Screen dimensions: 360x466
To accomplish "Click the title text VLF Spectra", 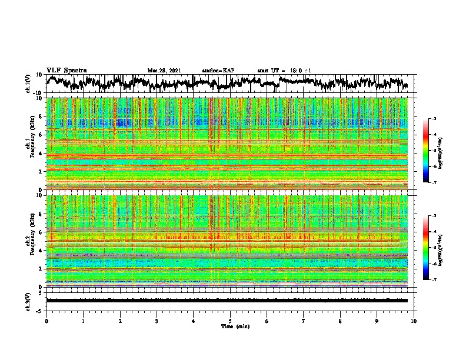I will coord(66,71).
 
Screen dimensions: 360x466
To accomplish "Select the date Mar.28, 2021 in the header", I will coord(165,71).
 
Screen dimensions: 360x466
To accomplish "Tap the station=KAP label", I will coord(218,71).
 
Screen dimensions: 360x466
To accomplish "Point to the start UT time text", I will coord(284,71).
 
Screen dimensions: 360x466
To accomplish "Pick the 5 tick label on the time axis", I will coord(230,321).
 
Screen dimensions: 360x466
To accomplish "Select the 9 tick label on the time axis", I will coord(377,321).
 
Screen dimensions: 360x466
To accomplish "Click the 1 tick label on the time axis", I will coord(83,321).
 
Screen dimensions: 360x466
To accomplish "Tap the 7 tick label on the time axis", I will coord(304,321).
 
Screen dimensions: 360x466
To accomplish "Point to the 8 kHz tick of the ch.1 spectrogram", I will coord(39,116).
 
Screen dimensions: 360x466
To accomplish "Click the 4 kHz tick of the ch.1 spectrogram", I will coord(39,153).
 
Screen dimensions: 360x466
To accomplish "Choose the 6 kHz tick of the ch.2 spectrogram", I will coord(39,232).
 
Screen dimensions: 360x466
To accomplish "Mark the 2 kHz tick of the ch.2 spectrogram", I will coord(39,269).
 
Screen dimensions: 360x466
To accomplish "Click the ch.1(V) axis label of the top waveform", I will coord(28,84).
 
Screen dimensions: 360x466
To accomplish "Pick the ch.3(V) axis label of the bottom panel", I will coord(28,301).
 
